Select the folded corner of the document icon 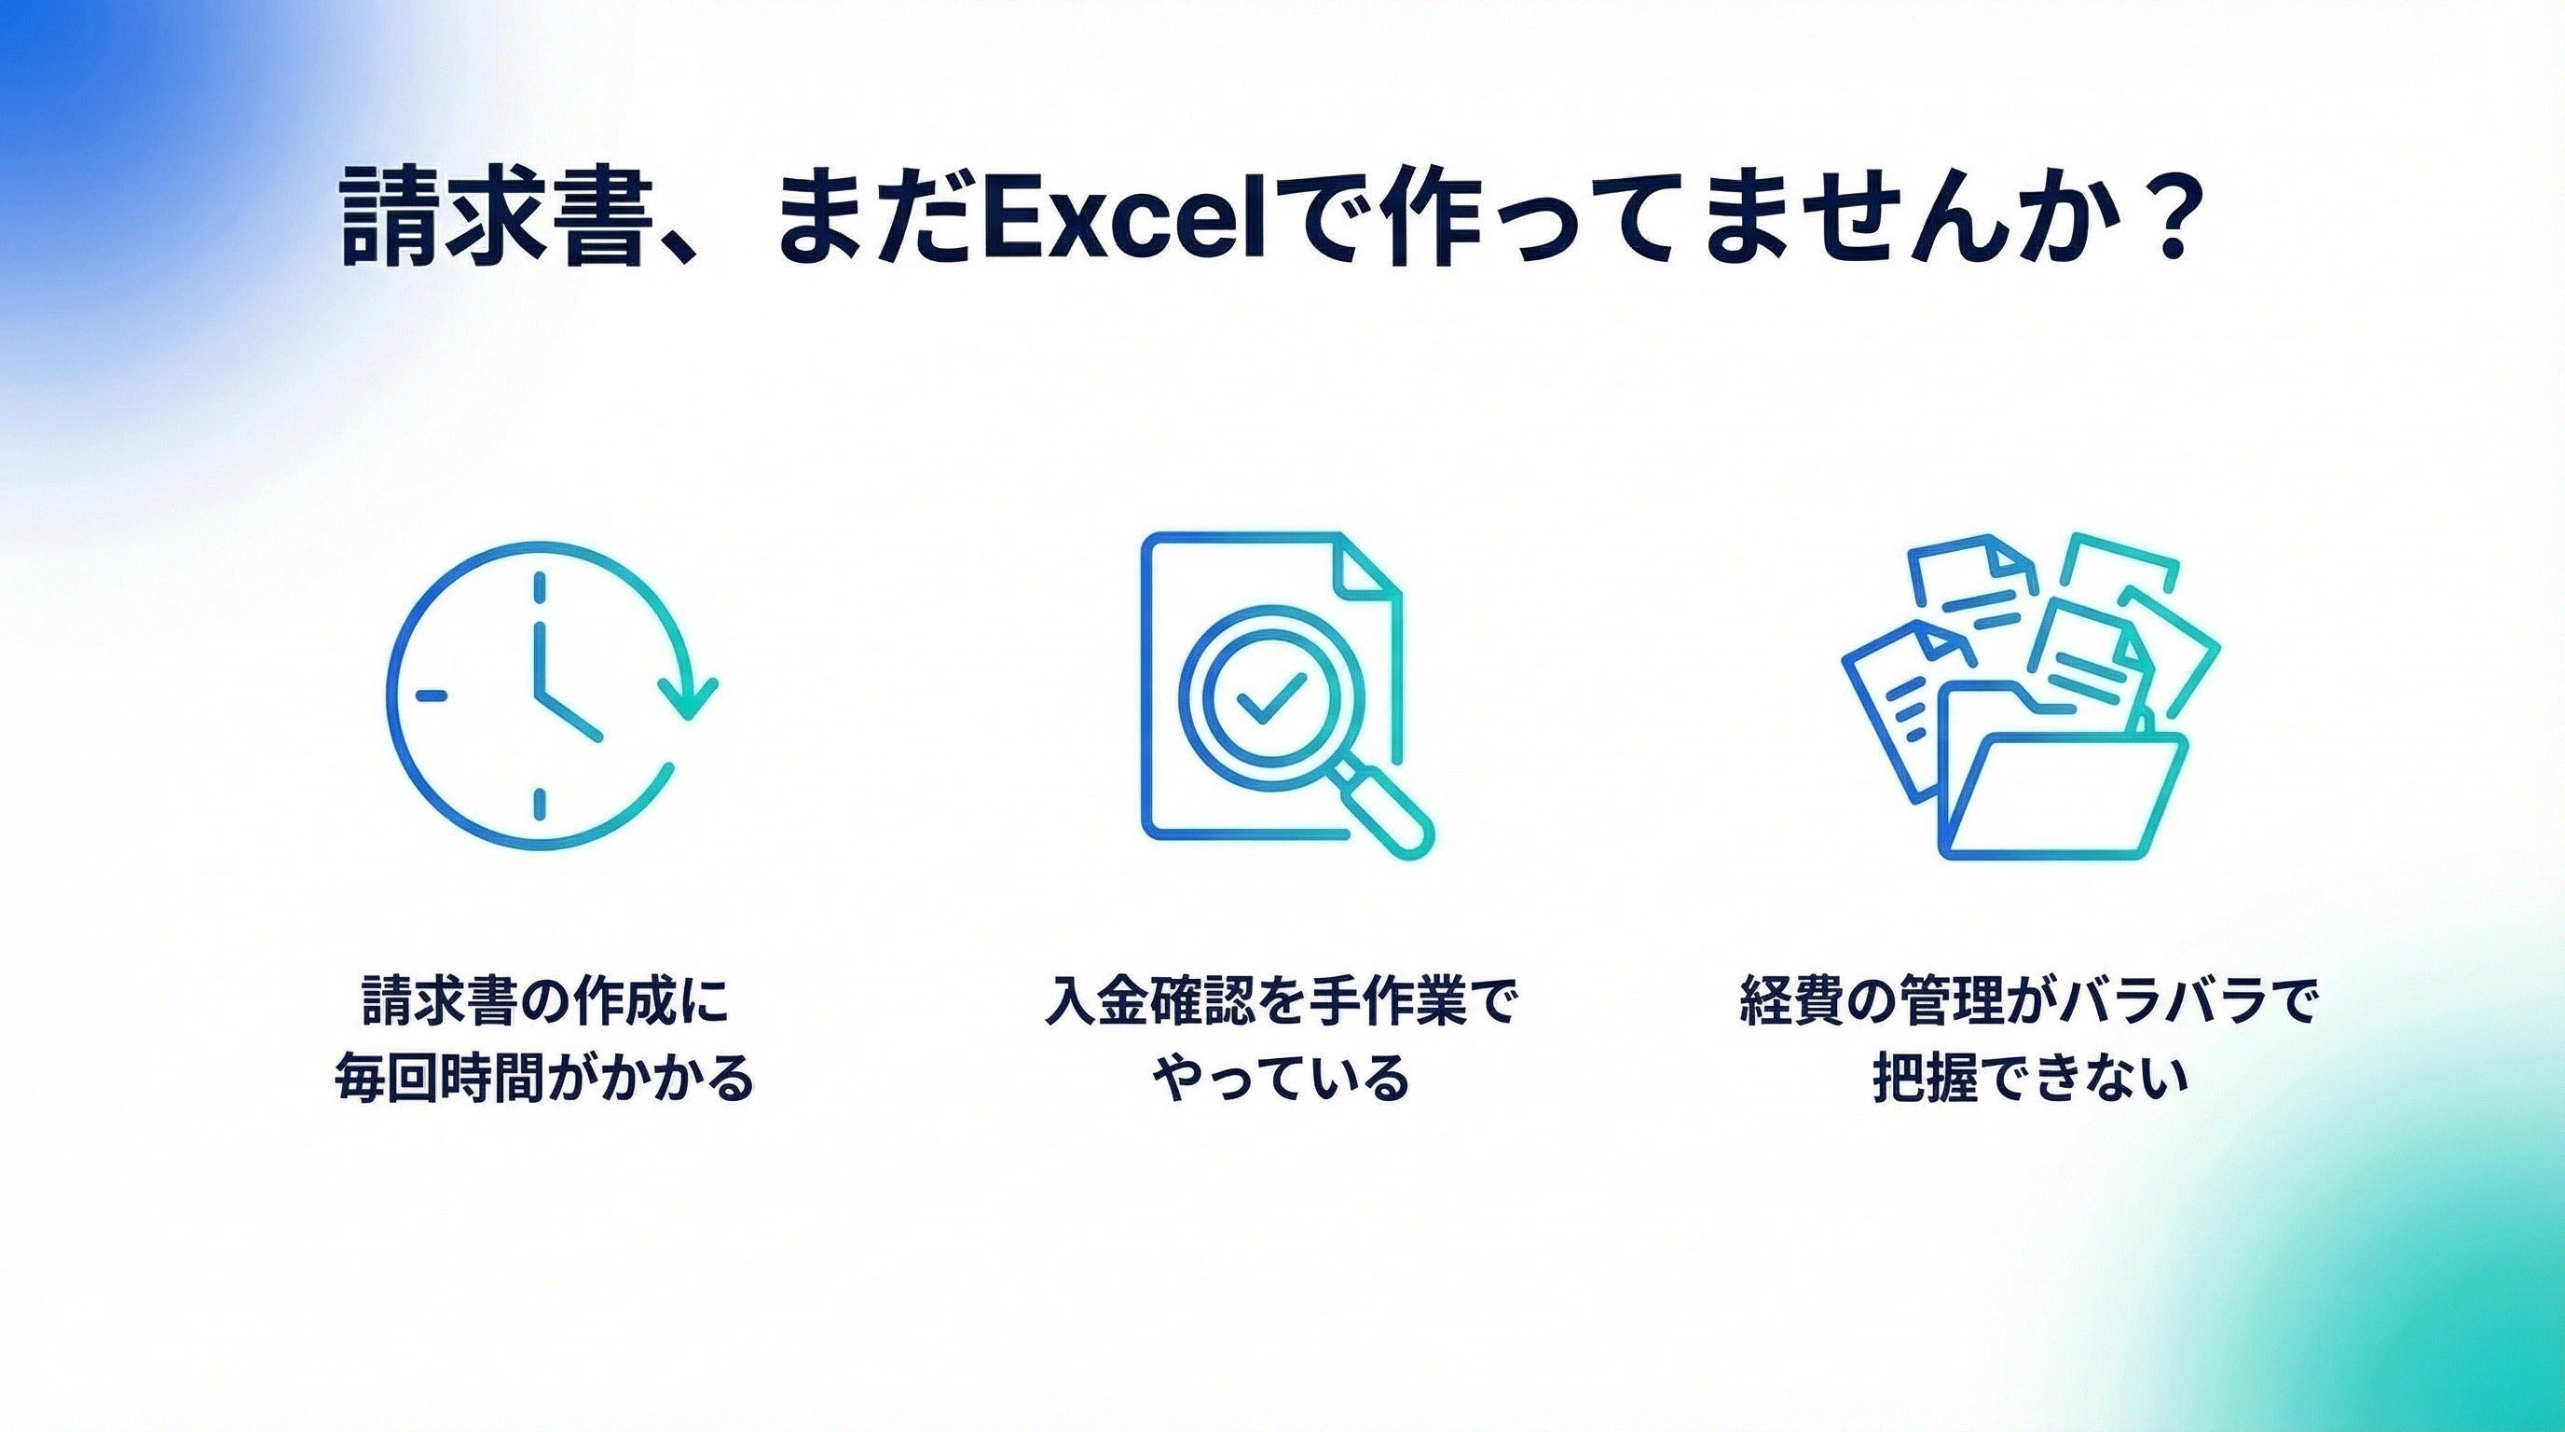point(1366,566)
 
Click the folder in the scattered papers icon point(2061,787)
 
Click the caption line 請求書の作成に point(545,1002)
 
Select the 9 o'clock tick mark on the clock point(431,695)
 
